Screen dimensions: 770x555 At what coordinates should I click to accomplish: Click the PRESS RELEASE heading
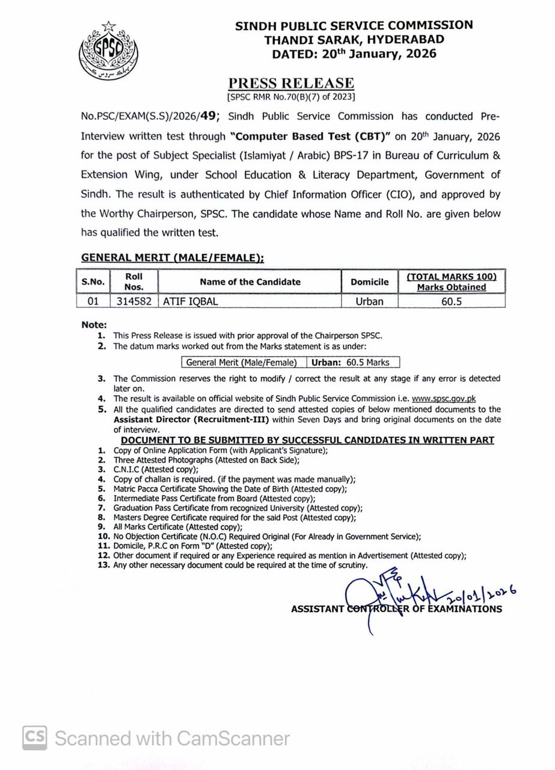[291, 83]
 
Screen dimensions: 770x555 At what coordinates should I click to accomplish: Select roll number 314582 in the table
[134, 301]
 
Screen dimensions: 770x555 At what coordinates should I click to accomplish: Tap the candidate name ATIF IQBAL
[191, 301]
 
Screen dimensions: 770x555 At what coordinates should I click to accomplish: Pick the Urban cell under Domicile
[369, 301]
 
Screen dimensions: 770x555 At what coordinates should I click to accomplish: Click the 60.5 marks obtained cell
[451, 301]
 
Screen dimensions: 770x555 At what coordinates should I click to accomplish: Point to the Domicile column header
[369, 282]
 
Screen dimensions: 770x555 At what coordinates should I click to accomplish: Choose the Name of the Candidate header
[250, 282]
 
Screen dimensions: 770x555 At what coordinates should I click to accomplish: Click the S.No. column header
[93, 282]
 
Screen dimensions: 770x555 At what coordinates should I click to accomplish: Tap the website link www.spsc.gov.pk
[444, 398]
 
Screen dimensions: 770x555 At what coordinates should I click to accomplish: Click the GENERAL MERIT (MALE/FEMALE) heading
[173, 257]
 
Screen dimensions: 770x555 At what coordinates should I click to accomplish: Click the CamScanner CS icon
[35, 738]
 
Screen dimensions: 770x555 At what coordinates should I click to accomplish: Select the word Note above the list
[94, 325]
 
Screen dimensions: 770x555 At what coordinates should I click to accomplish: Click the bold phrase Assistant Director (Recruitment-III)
[191, 419]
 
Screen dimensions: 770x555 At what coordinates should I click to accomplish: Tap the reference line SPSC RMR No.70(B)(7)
[291, 96]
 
